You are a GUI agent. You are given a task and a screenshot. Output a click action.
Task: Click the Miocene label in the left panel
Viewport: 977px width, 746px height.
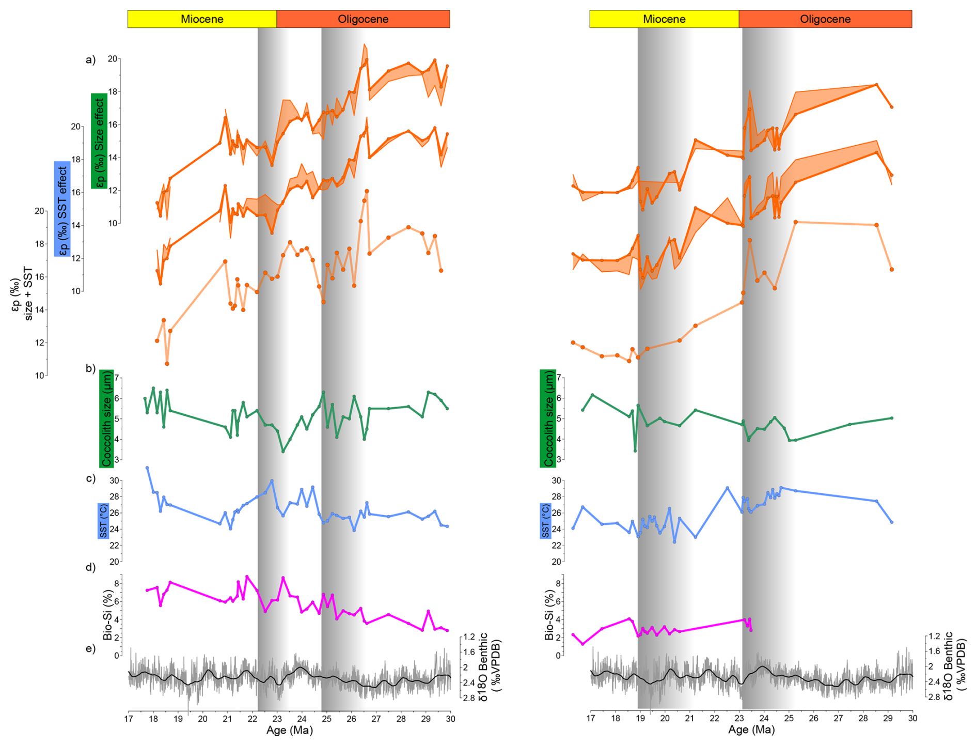click(202, 19)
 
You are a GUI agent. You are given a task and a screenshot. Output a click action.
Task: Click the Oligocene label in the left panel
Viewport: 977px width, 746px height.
click(363, 19)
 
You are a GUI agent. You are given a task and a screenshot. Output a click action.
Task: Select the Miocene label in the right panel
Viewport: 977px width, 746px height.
click(664, 19)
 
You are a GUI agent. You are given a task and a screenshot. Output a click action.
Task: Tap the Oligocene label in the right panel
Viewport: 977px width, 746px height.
click(825, 19)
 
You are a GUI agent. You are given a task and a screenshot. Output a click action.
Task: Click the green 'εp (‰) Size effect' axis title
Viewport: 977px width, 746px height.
click(99, 141)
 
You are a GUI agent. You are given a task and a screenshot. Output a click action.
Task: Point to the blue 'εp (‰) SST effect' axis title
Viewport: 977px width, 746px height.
click(62, 209)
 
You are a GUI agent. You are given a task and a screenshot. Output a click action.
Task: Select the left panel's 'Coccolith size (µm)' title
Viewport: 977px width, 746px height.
click(106, 418)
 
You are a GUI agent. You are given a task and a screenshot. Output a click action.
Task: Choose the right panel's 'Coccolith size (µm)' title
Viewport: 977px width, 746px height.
click(548, 418)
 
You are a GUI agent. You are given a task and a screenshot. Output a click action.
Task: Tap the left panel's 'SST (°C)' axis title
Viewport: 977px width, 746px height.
click(103, 521)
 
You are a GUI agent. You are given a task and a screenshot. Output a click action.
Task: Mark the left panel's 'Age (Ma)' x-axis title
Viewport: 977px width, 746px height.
click(289, 730)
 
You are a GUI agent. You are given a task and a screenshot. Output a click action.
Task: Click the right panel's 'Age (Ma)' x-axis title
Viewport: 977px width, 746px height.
click(751, 730)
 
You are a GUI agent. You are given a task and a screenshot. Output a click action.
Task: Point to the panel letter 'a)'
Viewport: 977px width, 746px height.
click(91, 60)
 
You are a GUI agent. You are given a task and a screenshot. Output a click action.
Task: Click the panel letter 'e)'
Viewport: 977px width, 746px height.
click(91, 649)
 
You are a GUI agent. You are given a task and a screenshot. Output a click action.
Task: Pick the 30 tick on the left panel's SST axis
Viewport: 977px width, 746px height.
click(114, 480)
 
